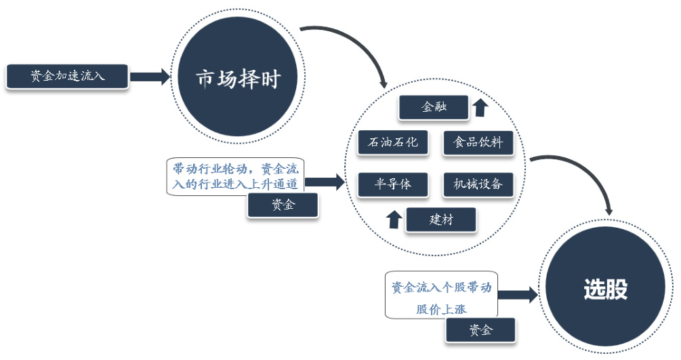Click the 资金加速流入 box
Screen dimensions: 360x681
(66, 77)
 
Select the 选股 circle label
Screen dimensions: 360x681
(605, 289)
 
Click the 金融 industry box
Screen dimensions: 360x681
(434, 107)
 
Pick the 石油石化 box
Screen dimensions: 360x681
(393, 142)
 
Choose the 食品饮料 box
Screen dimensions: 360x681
(478, 143)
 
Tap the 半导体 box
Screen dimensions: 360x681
(393, 184)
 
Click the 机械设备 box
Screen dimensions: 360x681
(478, 184)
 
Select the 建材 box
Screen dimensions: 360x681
(440, 220)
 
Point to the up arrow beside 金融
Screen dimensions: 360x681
(480, 107)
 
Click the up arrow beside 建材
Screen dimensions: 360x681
(394, 219)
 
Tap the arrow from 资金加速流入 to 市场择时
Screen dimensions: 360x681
(150, 77)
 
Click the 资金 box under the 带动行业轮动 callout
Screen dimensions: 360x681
(283, 205)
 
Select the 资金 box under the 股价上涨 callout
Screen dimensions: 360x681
(480, 330)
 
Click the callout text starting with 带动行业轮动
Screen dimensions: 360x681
(235, 176)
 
